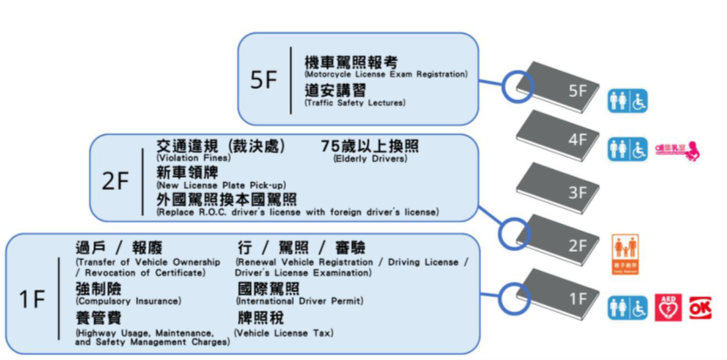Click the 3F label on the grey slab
click(578, 193)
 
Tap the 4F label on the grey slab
click(578, 140)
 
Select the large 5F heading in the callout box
click(263, 79)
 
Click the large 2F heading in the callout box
click(115, 182)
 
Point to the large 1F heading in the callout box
click(32, 299)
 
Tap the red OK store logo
click(700, 308)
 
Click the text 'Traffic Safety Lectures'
click(355, 104)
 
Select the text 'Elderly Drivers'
click(370, 159)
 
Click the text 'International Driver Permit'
click(300, 302)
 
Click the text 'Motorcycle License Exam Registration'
click(385, 75)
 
